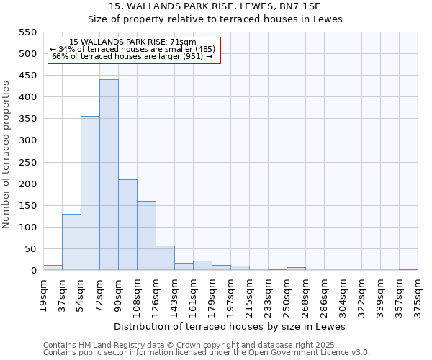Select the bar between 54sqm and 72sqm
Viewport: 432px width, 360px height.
point(90,193)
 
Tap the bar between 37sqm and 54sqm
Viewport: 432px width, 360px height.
point(71,242)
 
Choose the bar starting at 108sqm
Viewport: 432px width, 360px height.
point(146,235)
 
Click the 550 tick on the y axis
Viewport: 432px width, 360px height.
point(27,32)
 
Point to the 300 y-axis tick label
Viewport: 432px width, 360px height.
point(27,140)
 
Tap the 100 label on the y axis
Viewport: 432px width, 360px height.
point(27,228)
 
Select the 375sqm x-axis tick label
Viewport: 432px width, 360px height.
point(418,294)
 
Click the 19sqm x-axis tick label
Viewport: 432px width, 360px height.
point(43,294)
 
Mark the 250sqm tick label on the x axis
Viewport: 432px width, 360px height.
point(287,294)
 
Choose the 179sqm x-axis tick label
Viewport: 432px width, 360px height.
point(212,294)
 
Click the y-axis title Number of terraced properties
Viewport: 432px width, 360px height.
point(6,155)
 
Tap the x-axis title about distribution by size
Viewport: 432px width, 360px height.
point(230,326)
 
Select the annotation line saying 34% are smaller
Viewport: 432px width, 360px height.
point(132,49)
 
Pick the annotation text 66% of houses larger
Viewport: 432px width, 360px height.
point(132,56)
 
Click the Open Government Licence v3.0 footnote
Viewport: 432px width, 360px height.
point(288,352)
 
